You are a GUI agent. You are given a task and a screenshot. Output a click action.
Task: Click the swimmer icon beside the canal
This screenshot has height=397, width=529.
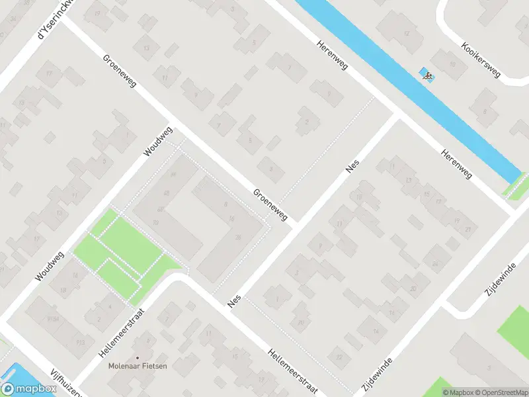pos(427,75)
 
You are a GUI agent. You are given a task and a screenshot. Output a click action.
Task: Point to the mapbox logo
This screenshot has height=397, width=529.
pos(29,388)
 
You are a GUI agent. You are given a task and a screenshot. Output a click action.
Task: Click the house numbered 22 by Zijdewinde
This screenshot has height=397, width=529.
pos(340,357)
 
